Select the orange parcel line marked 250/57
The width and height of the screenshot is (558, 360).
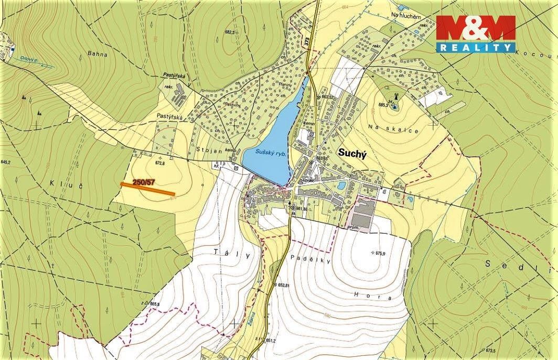click(147, 189)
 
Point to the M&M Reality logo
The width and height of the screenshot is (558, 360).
click(475, 34)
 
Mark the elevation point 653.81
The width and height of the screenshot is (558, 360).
click(283, 285)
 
